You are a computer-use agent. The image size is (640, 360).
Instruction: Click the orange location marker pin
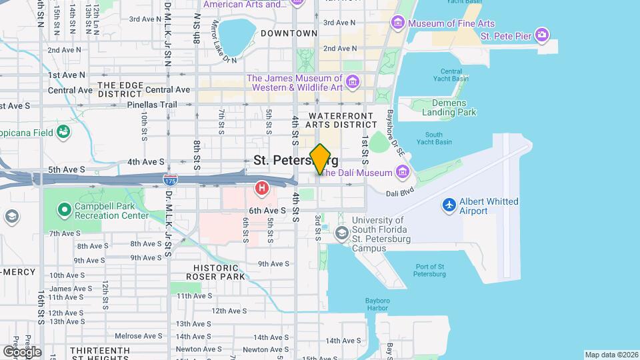[x=321, y=159]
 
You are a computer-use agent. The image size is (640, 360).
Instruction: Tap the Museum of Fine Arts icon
[x=399, y=24]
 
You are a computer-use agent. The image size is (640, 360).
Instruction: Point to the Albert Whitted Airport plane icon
[x=449, y=205]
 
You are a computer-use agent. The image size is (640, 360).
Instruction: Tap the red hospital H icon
[x=262, y=189]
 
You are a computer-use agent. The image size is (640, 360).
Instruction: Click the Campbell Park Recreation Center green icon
[x=64, y=210]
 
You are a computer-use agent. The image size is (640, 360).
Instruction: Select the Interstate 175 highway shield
[x=170, y=179]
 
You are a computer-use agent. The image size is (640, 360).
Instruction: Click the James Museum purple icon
[x=353, y=83]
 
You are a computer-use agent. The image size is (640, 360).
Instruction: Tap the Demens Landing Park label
[x=444, y=107]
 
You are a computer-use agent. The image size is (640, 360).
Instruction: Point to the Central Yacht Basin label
[x=451, y=75]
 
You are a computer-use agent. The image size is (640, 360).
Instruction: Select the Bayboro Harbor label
[x=377, y=304]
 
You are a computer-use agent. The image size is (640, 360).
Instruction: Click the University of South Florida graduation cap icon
[x=341, y=233]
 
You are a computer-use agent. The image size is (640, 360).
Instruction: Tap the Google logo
[x=22, y=351]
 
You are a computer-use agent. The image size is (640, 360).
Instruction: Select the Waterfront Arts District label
[x=342, y=119]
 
